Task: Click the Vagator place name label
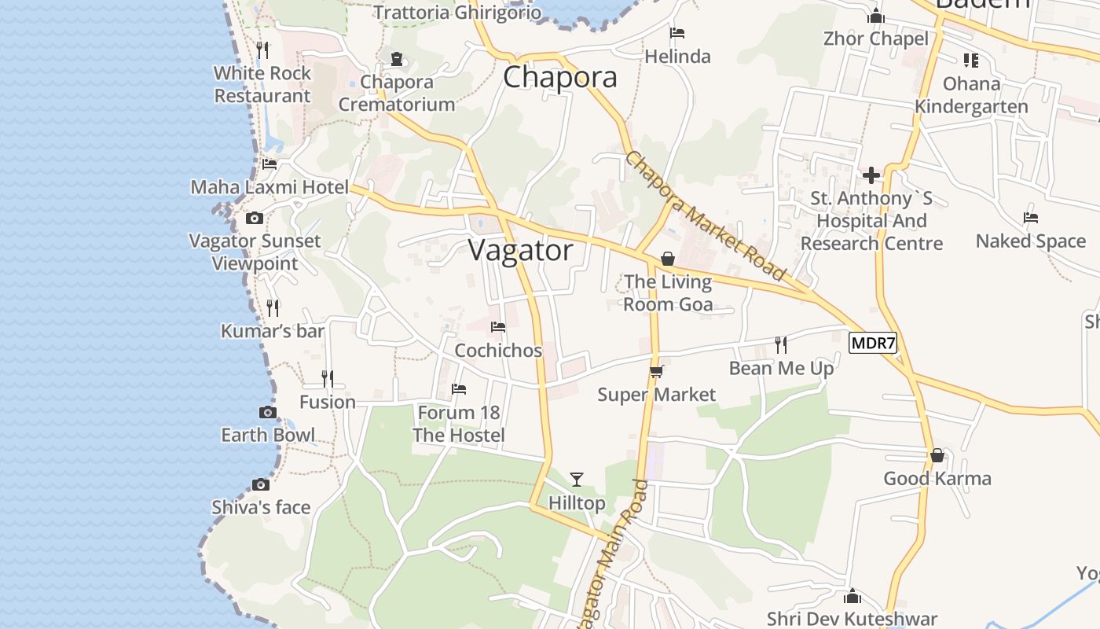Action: point(521,251)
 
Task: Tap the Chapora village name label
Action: point(559,77)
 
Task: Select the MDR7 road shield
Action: point(873,344)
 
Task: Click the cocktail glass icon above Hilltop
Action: point(577,479)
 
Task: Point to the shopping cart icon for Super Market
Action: point(657,371)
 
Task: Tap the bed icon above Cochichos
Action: point(498,327)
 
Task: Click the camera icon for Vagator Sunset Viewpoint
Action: point(254,219)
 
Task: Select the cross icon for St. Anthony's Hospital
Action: point(871,175)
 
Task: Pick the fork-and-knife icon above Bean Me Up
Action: point(781,344)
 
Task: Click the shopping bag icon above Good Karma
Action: point(937,455)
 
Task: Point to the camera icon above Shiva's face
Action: point(261,484)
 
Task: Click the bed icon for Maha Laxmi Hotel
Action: point(269,164)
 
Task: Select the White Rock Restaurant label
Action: point(262,85)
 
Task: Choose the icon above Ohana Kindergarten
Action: point(971,61)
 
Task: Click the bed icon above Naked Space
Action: point(1031,218)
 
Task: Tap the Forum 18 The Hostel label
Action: point(459,424)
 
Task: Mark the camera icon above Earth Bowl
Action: point(268,413)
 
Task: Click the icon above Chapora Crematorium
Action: point(397,59)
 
